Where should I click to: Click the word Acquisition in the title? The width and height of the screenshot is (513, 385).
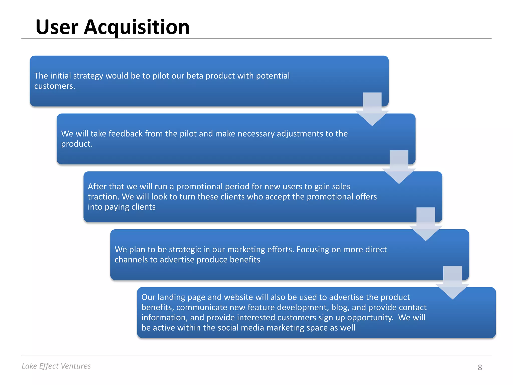(x=137, y=27)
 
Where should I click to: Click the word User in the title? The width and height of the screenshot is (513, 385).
(x=57, y=27)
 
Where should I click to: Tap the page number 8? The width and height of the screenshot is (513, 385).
(x=480, y=367)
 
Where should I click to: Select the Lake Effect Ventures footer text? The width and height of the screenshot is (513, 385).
(x=56, y=366)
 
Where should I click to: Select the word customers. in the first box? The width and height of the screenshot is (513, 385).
(x=55, y=86)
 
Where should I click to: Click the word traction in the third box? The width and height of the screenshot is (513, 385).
(x=103, y=197)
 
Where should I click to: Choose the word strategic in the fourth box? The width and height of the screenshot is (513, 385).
(x=185, y=249)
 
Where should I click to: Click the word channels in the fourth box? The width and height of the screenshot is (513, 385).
(x=131, y=260)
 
